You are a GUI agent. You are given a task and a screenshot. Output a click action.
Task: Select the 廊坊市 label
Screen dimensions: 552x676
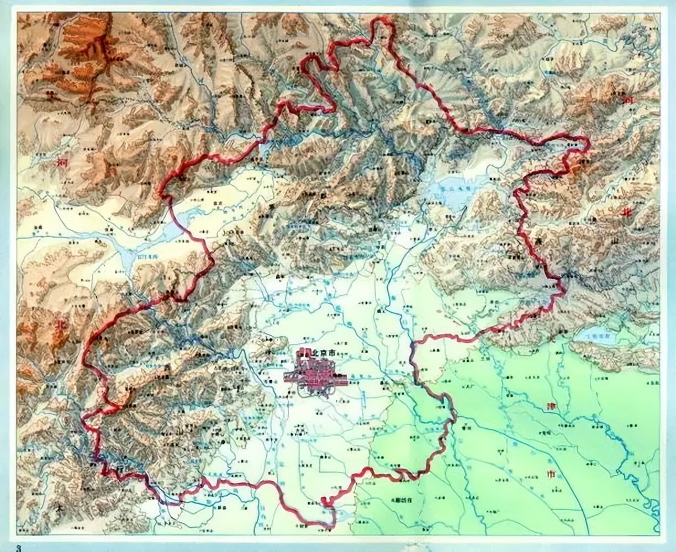coord(405,499)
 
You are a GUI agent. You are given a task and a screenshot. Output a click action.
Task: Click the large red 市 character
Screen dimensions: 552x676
coord(550,474)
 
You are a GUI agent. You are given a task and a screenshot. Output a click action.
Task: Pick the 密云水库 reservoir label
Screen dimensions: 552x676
coord(455,188)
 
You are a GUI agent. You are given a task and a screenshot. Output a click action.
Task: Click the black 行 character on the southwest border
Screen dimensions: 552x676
coord(121,469)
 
